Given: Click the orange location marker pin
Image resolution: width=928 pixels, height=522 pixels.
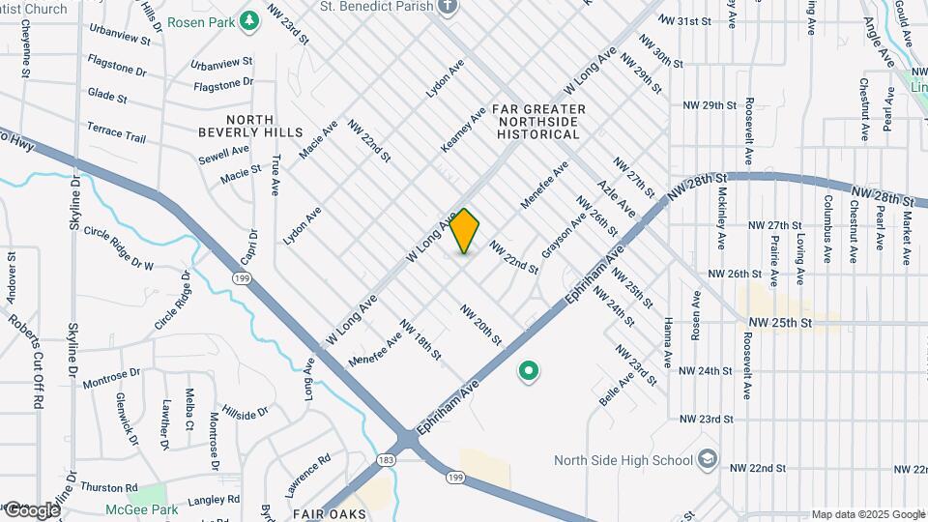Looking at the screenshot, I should [x=464, y=230].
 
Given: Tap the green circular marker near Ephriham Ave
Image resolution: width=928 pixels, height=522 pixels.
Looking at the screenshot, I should [x=528, y=371].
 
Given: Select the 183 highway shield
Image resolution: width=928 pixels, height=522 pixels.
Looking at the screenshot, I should [x=387, y=459].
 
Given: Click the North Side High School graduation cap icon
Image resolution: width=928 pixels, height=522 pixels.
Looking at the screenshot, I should [x=708, y=458].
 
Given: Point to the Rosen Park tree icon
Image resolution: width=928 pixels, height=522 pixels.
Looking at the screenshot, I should [x=249, y=20].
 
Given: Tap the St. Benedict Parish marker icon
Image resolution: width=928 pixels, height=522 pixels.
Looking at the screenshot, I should [x=446, y=7].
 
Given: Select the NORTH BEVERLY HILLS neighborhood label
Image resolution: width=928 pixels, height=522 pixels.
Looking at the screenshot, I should [x=250, y=125].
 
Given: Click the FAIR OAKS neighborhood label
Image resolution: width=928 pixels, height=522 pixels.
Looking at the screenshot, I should [x=331, y=514].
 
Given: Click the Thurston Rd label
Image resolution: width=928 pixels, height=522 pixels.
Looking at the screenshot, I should [x=108, y=487].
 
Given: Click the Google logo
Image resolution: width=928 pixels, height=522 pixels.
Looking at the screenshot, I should [x=31, y=509].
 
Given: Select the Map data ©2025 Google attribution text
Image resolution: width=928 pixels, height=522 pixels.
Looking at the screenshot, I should [x=867, y=514].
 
